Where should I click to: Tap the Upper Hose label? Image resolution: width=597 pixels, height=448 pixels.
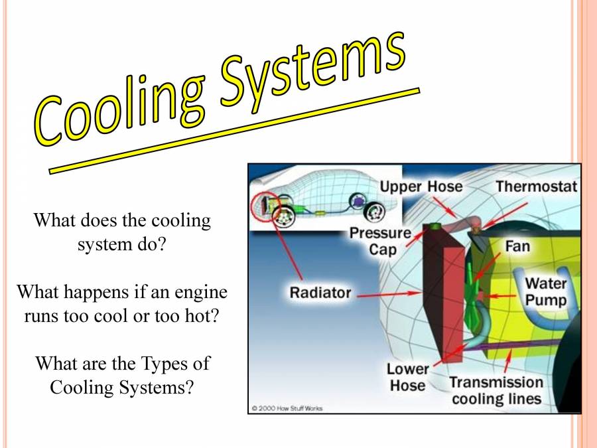[x=421, y=187]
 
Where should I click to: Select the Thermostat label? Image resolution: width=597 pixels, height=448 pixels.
[x=536, y=187]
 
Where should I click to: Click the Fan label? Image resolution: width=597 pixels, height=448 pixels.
[x=517, y=246]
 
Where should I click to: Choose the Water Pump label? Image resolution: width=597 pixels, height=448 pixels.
[x=546, y=292]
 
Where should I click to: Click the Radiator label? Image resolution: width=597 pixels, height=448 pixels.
[x=320, y=292]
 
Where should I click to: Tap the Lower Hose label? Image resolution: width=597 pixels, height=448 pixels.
[x=407, y=377]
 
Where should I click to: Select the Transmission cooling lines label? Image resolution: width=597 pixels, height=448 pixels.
[x=496, y=391]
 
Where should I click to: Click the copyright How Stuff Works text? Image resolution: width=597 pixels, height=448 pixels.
[x=287, y=408]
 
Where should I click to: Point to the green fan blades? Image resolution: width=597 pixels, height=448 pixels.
[x=479, y=292]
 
